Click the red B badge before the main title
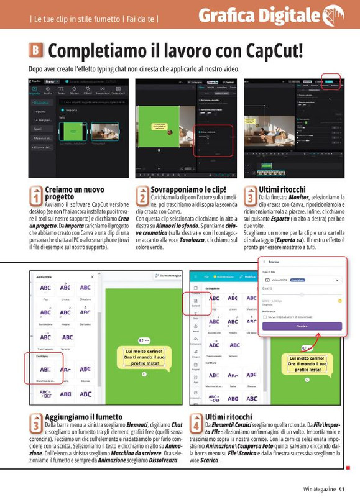pos(36,50)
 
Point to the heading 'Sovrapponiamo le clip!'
pos(188,189)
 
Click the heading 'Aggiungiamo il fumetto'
pos(83,416)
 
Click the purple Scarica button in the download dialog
pos(302,326)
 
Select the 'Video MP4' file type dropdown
pos(302,280)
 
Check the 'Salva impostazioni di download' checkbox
pos(264,316)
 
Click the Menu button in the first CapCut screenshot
pos(52,81)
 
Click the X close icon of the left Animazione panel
pos(93,276)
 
